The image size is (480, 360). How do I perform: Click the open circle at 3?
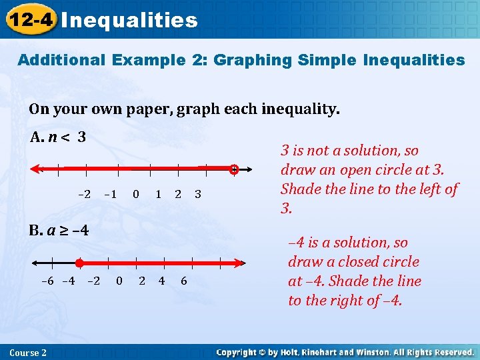point(234,170)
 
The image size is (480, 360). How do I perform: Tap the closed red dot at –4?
point(79,263)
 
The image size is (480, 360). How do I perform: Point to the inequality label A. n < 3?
point(58,138)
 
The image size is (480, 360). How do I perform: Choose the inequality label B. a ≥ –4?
point(59,231)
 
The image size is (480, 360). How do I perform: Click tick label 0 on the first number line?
point(136,194)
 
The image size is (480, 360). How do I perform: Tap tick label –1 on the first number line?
point(110,194)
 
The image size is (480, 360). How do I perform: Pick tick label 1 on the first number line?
point(158,194)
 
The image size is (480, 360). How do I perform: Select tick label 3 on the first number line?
point(198,194)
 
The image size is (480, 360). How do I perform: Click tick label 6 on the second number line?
point(184,281)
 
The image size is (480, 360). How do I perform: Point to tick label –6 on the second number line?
point(47,281)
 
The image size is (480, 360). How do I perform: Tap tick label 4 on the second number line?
point(161,281)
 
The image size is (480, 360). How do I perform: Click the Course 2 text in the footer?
point(28,352)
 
